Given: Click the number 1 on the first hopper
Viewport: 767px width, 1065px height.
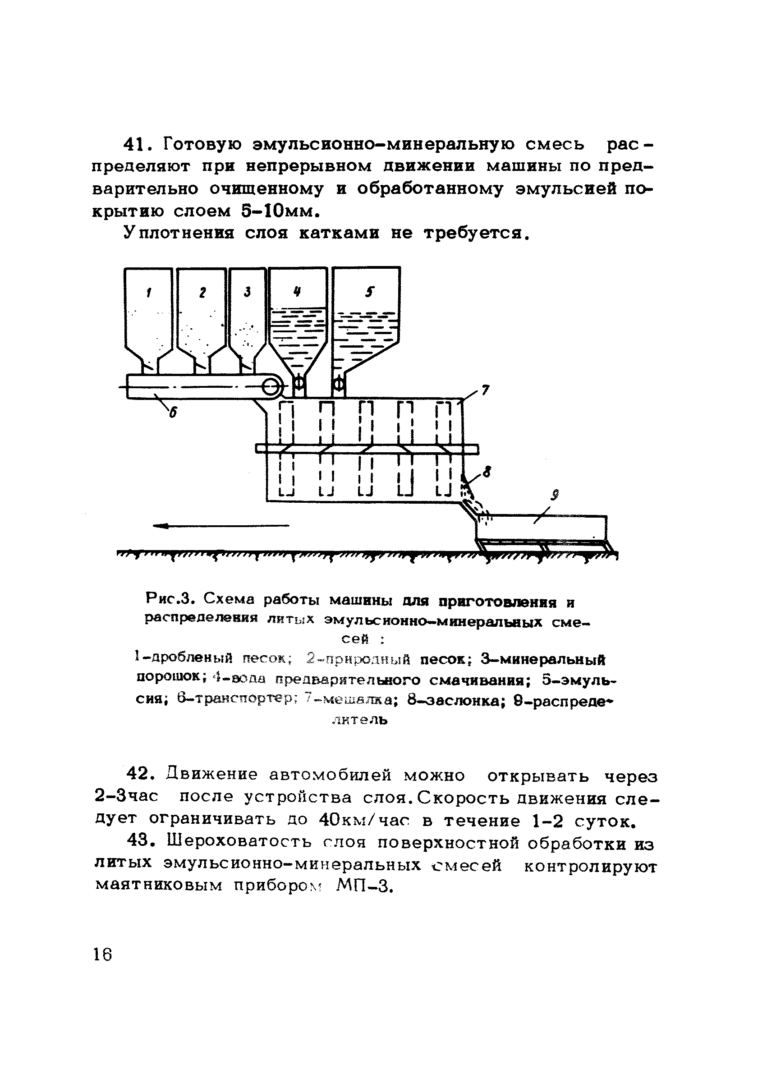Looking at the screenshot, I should [149, 293].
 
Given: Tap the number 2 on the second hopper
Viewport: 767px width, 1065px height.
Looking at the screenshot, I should [202, 293].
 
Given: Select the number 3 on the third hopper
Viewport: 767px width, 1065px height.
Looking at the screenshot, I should [247, 292].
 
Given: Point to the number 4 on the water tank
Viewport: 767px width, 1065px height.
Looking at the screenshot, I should [297, 292].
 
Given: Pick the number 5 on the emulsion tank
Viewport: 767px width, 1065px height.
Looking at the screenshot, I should [370, 292].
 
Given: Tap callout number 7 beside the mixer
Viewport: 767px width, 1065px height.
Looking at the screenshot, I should [485, 390].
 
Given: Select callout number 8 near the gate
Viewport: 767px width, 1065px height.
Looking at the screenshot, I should [487, 472].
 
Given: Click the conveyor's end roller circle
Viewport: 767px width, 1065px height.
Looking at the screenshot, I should [271, 387].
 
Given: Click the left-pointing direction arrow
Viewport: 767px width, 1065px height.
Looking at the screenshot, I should [221, 526].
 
